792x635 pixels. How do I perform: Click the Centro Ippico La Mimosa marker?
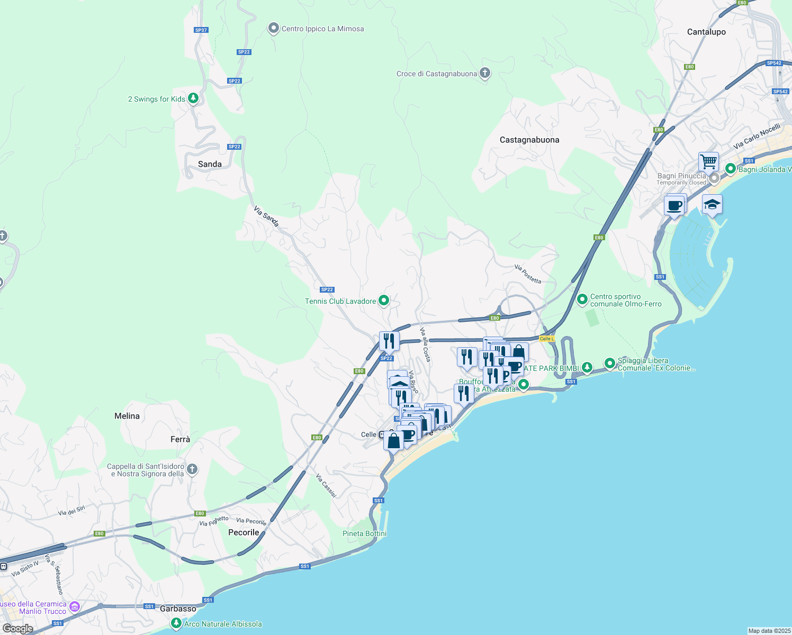tap(273, 28)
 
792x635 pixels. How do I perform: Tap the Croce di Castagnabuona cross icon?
tap(485, 73)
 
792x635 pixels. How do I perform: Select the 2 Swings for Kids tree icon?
tap(193, 98)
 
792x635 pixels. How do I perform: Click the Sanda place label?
tap(210, 164)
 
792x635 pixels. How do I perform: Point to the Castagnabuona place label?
tap(529, 140)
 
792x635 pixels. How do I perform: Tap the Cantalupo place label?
tap(706, 32)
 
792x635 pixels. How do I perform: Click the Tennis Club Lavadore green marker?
tap(384, 301)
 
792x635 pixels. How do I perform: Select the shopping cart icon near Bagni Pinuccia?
tap(708, 161)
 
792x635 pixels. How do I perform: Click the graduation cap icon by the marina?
tap(712, 204)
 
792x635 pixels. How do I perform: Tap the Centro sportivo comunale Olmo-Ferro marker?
tap(582, 300)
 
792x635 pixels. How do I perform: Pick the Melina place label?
tap(127, 416)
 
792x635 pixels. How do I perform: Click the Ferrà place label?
tap(180, 439)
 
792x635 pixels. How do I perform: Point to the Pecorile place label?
tap(244, 532)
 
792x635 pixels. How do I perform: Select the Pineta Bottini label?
tap(365, 533)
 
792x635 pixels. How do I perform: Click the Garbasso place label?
tap(178, 609)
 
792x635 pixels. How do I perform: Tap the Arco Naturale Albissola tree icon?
tap(176, 623)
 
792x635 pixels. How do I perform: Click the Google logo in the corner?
tap(17, 628)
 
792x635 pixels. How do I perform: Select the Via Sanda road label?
tap(266, 216)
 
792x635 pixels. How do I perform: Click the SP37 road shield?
tap(201, 30)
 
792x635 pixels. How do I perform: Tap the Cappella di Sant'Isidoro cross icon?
tap(192, 469)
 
